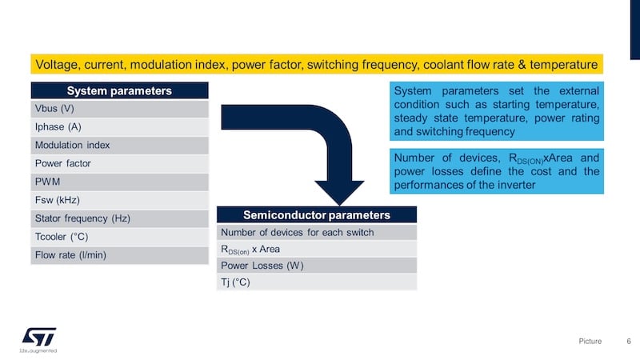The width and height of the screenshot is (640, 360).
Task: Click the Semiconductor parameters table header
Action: tap(317, 214)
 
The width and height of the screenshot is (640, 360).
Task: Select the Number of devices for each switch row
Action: tap(317, 233)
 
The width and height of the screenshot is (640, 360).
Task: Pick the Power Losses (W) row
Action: tap(317, 266)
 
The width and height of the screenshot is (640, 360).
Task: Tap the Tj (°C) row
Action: tap(317, 282)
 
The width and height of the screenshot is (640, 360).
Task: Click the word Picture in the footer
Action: tap(590, 342)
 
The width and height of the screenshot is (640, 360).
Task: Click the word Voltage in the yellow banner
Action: tap(56, 63)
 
